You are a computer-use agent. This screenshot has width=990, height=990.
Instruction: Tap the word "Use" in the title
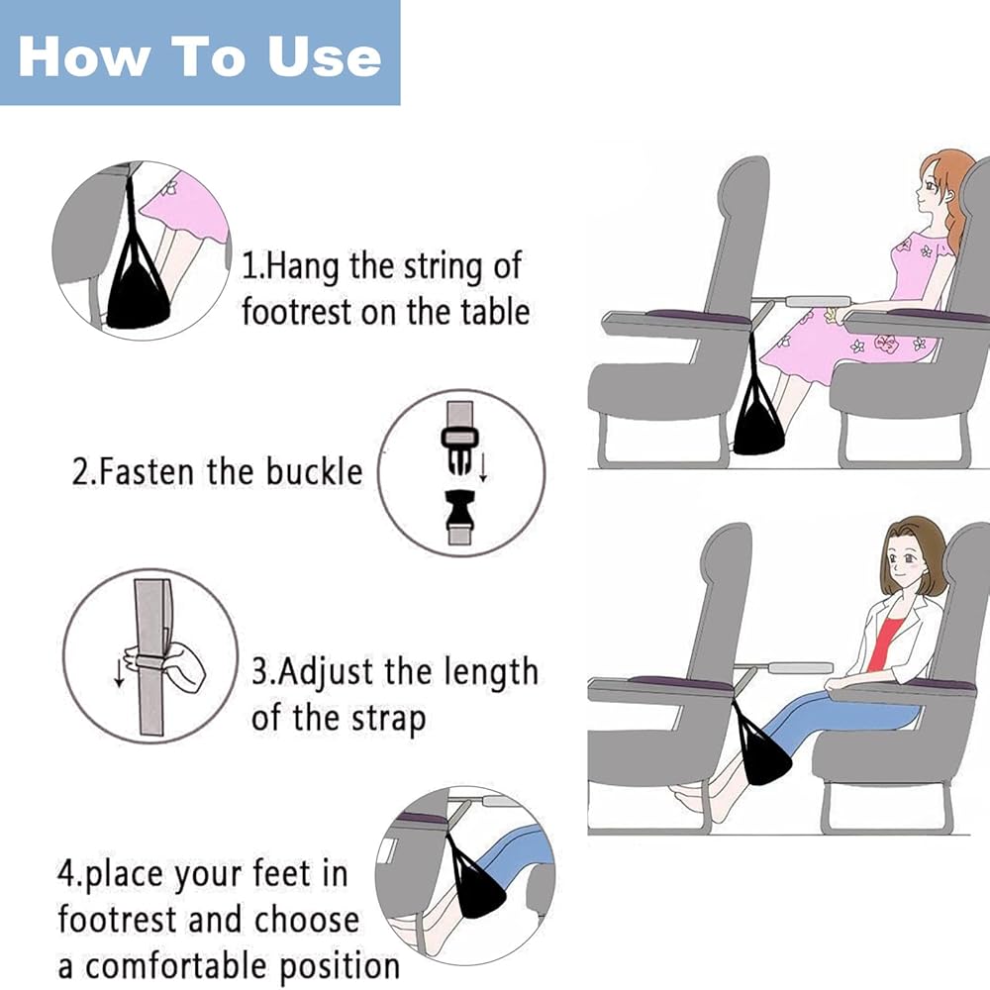[324, 56]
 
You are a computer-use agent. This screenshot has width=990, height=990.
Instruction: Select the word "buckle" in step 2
[314, 471]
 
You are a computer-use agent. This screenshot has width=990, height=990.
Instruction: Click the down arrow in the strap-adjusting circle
[119, 672]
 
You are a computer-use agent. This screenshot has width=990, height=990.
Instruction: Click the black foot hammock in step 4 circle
[482, 890]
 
